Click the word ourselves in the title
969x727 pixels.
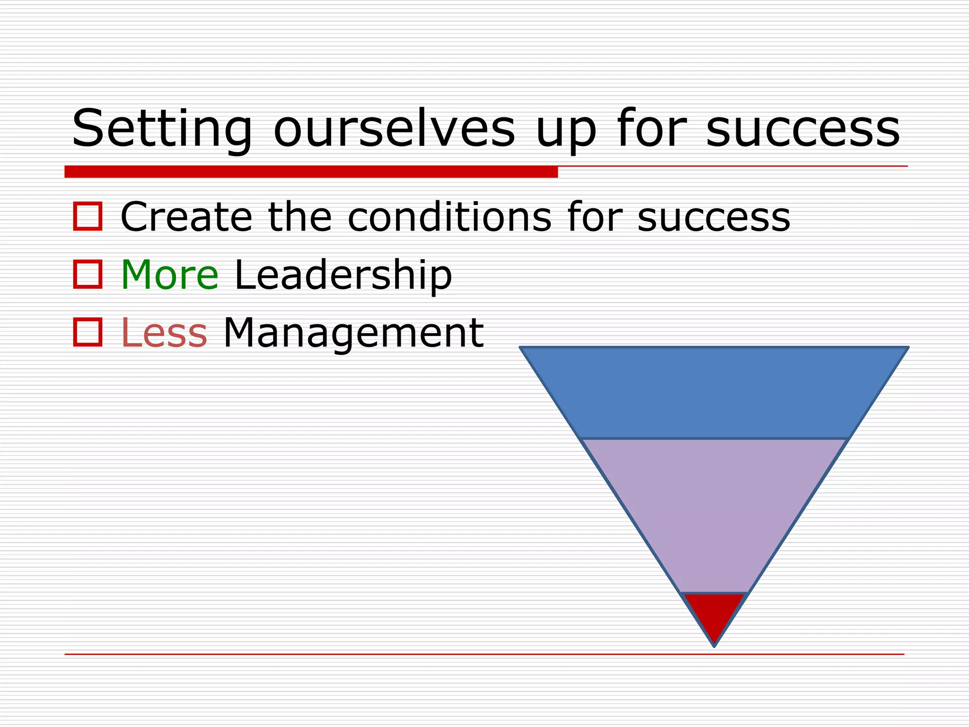click(394, 129)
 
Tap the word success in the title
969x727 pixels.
click(803, 129)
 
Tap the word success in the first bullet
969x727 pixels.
click(714, 218)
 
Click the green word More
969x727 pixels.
click(169, 275)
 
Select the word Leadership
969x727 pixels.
click(343, 276)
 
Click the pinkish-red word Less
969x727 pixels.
click(164, 333)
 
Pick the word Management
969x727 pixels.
click(353, 334)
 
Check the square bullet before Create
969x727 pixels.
click(88, 217)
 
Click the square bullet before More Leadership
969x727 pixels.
click(88, 275)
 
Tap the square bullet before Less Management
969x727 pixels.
click(88, 332)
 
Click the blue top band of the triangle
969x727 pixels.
click(714, 393)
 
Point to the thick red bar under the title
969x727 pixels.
click(311, 172)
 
